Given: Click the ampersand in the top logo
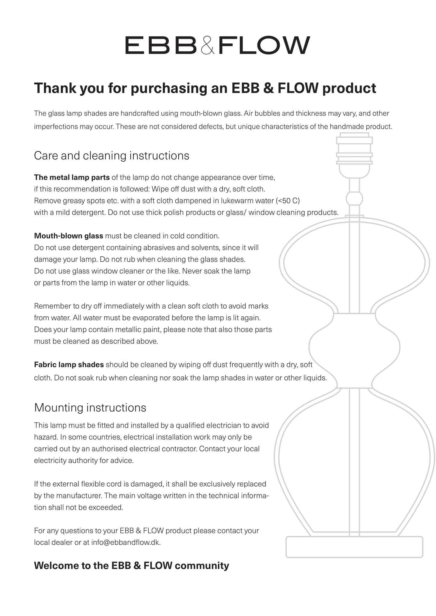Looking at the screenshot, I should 208,46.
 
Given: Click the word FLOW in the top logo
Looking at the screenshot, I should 264,45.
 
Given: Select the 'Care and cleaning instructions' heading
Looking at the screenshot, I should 112,156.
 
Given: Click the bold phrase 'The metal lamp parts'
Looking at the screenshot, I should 72,177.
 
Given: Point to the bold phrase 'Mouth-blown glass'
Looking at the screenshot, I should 68,236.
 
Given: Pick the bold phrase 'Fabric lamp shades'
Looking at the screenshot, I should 69,365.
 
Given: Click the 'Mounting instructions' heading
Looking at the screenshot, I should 90,408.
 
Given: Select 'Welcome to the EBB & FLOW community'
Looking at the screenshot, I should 132,566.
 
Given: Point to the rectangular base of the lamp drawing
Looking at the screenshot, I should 354,547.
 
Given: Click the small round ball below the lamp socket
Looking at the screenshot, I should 354,199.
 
